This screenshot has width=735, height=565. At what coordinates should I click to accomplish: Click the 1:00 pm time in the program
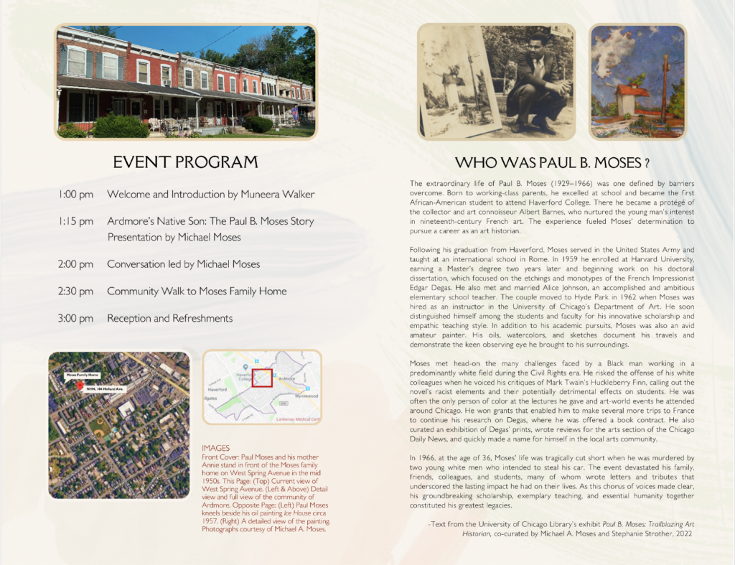click(x=75, y=195)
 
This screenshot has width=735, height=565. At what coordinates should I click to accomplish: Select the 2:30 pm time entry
click(x=75, y=291)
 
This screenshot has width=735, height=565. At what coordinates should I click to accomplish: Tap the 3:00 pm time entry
click(x=75, y=318)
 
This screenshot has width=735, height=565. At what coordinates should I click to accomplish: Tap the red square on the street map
click(x=262, y=377)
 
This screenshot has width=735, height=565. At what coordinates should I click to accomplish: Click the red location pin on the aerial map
click(x=80, y=386)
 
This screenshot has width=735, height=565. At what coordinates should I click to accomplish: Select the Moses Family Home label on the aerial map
click(x=82, y=375)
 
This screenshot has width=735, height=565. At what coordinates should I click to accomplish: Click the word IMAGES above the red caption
click(x=216, y=448)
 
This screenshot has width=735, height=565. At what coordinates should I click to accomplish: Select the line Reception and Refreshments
click(x=169, y=318)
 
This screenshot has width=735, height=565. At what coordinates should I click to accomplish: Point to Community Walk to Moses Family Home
click(x=197, y=291)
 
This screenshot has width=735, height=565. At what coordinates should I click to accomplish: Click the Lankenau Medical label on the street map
click(x=293, y=419)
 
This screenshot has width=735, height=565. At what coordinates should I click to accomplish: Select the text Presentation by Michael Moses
click(x=174, y=237)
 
